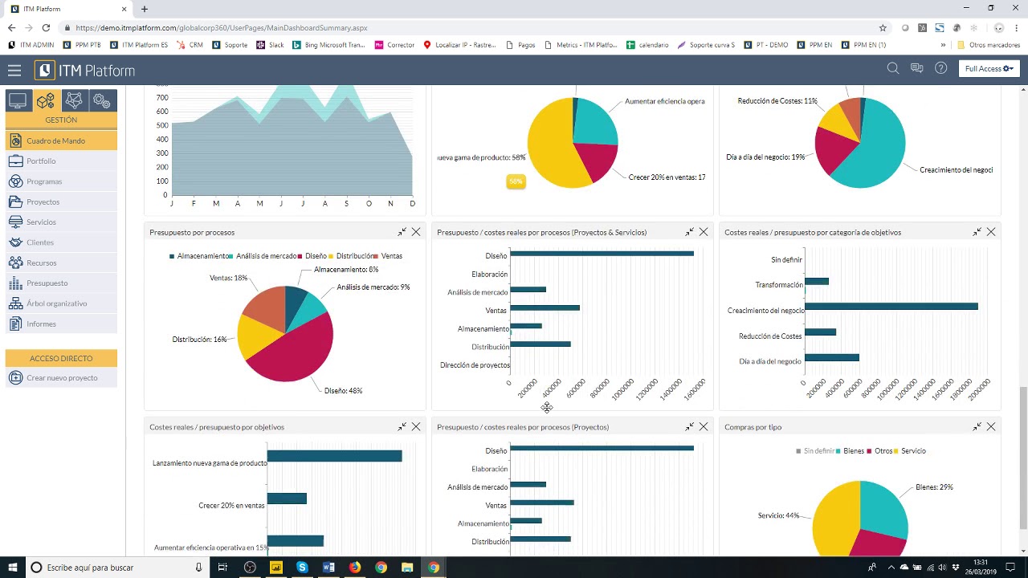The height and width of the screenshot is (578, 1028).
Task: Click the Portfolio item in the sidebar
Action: tap(41, 161)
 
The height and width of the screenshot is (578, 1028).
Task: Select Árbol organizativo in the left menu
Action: tap(56, 303)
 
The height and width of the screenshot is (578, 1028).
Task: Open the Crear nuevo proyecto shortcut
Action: tap(62, 378)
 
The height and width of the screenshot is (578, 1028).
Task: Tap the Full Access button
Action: tap(989, 69)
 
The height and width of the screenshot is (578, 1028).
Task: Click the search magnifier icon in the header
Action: tap(892, 69)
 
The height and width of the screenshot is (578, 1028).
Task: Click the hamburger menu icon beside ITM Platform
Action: tap(14, 71)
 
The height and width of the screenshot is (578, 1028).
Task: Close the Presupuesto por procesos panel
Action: tap(416, 232)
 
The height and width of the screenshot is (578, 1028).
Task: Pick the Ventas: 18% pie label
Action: tap(228, 279)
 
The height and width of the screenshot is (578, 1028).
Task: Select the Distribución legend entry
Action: tap(354, 256)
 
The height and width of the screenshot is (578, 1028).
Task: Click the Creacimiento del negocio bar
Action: tap(891, 307)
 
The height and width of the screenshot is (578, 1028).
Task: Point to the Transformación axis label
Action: tap(778, 285)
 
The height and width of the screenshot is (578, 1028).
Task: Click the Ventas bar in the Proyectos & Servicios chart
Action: tap(545, 308)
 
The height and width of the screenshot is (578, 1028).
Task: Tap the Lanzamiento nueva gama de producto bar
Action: tap(334, 456)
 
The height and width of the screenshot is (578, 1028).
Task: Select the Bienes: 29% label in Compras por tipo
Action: tap(934, 487)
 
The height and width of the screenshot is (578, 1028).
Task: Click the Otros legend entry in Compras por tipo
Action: tap(883, 451)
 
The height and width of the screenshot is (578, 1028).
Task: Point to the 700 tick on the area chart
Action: tap(162, 98)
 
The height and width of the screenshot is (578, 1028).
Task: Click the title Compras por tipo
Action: tap(753, 427)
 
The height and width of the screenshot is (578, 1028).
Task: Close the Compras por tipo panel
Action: tap(991, 426)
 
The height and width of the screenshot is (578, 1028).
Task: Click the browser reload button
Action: tap(46, 27)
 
